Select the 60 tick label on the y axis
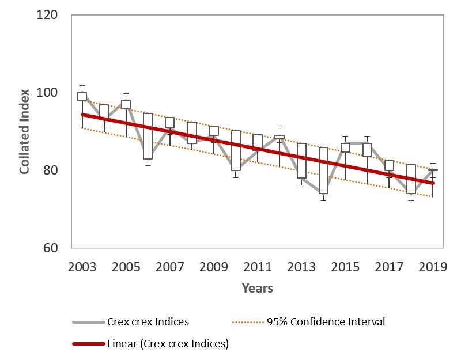(x=50, y=249)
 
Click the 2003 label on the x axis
(x=82, y=268)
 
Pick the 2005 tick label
(x=126, y=268)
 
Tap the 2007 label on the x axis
(x=169, y=268)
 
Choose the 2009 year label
(x=213, y=268)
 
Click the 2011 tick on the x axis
(x=258, y=268)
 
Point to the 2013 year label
(x=301, y=268)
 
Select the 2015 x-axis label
(x=345, y=268)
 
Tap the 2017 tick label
(x=389, y=268)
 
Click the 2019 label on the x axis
(x=433, y=268)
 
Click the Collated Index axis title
(x=25, y=131)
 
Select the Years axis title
(x=257, y=288)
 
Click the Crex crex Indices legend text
(x=148, y=322)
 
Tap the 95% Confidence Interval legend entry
(x=326, y=322)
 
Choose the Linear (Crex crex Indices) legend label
(x=168, y=344)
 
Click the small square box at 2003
(x=82, y=97)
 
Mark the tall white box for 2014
(x=323, y=170)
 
